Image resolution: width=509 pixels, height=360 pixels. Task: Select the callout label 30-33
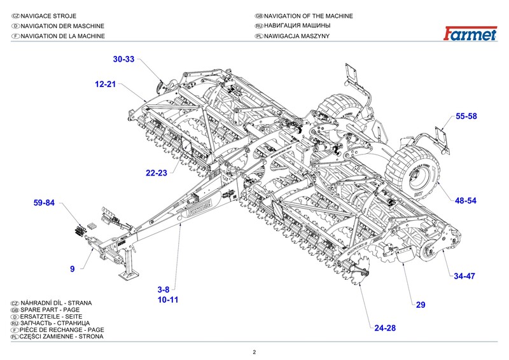pyautogui.click(x=124, y=59)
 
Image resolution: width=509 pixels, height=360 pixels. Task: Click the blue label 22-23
pyautogui.click(x=156, y=173)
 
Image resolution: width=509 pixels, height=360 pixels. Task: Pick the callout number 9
pyautogui.click(x=73, y=269)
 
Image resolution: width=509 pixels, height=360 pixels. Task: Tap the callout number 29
pyautogui.click(x=420, y=305)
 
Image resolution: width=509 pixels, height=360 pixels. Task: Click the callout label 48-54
pyautogui.click(x=466, y=200)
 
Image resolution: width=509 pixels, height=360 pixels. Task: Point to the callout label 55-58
pyautogui.click(x=466, y=116)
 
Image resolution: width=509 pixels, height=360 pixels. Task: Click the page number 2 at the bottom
pyautogui.click(x=254, y=352)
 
